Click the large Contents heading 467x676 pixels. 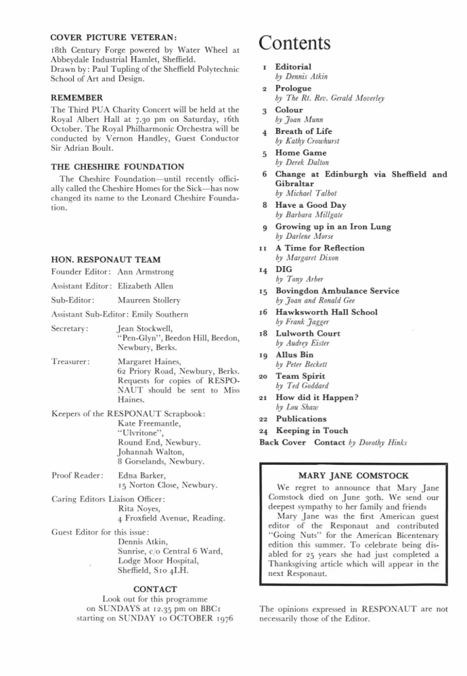click(295, 43)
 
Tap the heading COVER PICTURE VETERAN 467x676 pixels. click(114, 38)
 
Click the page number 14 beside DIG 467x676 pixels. click(264, 270)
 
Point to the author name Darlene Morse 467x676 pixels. click(299, 237)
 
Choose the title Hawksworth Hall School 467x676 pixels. click(326, 312)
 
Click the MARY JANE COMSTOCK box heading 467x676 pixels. click(354, 476)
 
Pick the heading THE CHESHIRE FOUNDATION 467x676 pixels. click(117, 167)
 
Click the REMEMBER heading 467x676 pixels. click(77, 98)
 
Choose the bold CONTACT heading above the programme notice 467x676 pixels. click(155, 589)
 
